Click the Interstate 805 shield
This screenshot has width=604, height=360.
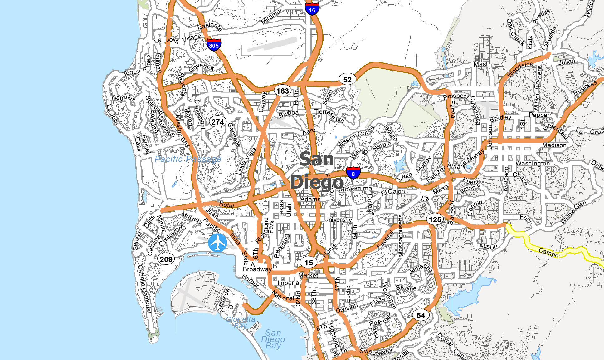point(214,45)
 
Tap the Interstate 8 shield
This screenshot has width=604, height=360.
point(353,173)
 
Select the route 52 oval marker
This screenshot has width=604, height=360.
point(347,80)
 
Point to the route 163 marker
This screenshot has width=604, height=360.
point(283,91)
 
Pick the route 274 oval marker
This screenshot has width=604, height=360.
point(217,122)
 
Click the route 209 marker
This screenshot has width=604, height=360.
point(166,259)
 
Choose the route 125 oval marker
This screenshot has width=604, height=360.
point(435,219)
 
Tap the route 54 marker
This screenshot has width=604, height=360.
point(421,315)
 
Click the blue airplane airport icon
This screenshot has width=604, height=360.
point(217,243)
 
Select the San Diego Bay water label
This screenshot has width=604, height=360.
point(273,339)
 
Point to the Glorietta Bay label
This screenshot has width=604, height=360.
point(241,323)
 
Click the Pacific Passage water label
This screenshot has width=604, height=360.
point(188,159)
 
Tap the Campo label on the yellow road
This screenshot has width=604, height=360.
point(548,252)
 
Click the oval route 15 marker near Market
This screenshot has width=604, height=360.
point(309,263)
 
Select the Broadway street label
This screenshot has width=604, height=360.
point(257,269)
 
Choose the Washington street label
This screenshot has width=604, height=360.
point(533,163)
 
